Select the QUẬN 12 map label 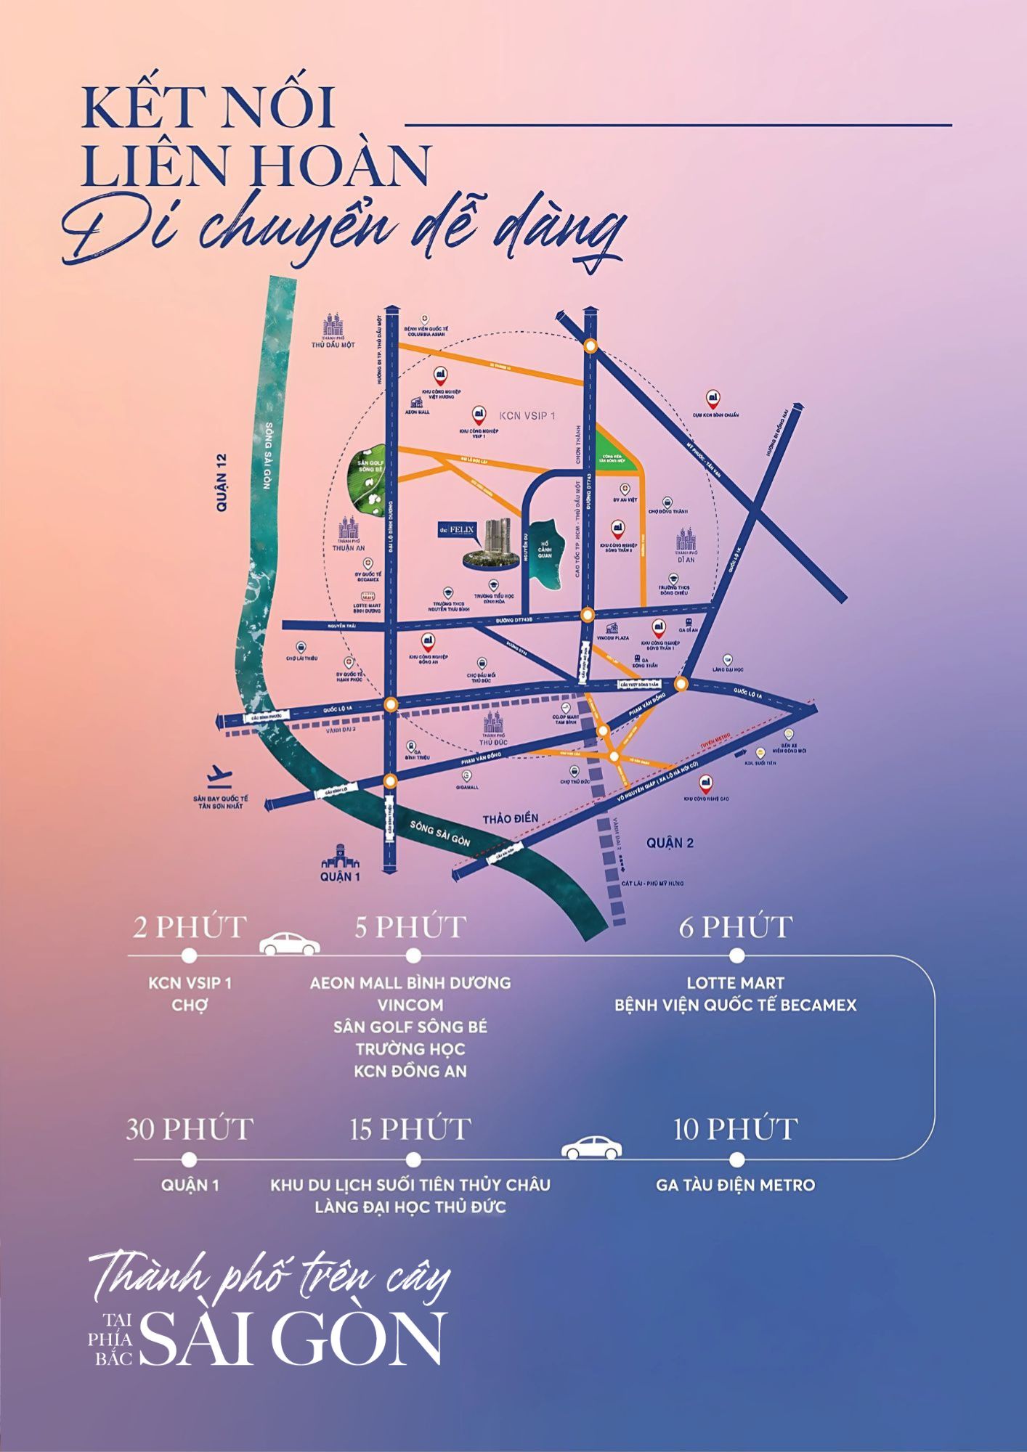click(x=222, y=483)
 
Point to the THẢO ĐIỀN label click(x=511, y=818)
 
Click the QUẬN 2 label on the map click(x=670, y=842)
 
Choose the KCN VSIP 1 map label click(x=527, y=416)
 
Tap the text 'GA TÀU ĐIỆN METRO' click(x=735, y=1185)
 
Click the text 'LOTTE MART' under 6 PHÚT click(x=735, y=983)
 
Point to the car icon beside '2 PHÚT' click(x=290, y=944)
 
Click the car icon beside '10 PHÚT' click(x=592, y=1147)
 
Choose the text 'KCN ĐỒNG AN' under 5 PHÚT click(x=410, y=1071)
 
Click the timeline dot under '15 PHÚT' click(x=413, y=1159)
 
